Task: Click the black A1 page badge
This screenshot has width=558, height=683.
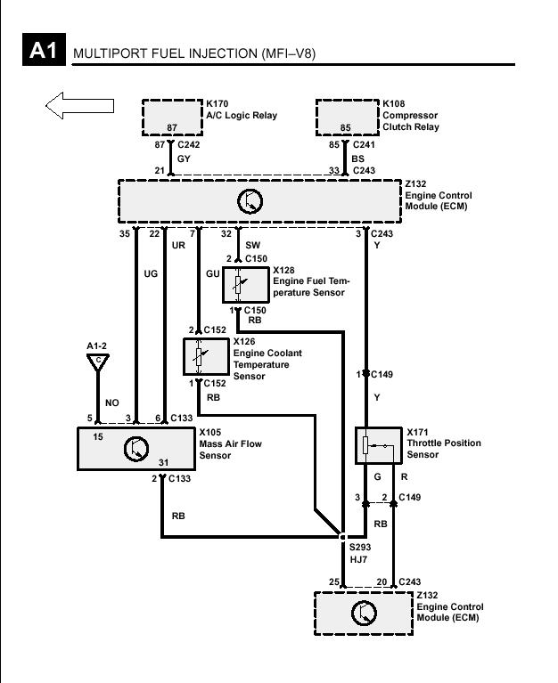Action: (44, 49)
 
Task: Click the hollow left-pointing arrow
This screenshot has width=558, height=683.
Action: (79, 105)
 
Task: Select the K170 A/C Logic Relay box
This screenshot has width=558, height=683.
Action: (172, 118)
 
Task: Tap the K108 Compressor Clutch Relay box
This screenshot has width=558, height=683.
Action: (347, 118)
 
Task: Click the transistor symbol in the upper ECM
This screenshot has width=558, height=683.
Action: (250, 201)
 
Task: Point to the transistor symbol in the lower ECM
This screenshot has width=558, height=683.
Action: (364, 613)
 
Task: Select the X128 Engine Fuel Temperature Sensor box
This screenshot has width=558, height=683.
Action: (245, 284)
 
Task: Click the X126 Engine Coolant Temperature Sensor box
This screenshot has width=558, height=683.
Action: (206, 356)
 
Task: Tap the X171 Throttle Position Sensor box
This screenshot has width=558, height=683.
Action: (379, 445)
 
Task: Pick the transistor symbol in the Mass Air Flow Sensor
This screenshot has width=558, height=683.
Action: (136, 449)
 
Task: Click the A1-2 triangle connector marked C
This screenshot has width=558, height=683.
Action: (98, 362)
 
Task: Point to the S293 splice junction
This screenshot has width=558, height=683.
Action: (342, 537)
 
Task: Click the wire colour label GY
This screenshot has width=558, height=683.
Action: (184, 159)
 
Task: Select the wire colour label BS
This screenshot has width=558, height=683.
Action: (357, 159)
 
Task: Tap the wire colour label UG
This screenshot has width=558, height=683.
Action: (151, 273)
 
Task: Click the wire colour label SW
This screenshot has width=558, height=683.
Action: (252, 245)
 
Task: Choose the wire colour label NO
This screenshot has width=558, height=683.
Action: (112, 402)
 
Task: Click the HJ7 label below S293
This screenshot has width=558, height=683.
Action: (358, 559)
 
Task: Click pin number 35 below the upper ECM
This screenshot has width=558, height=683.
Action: (125, 234)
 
